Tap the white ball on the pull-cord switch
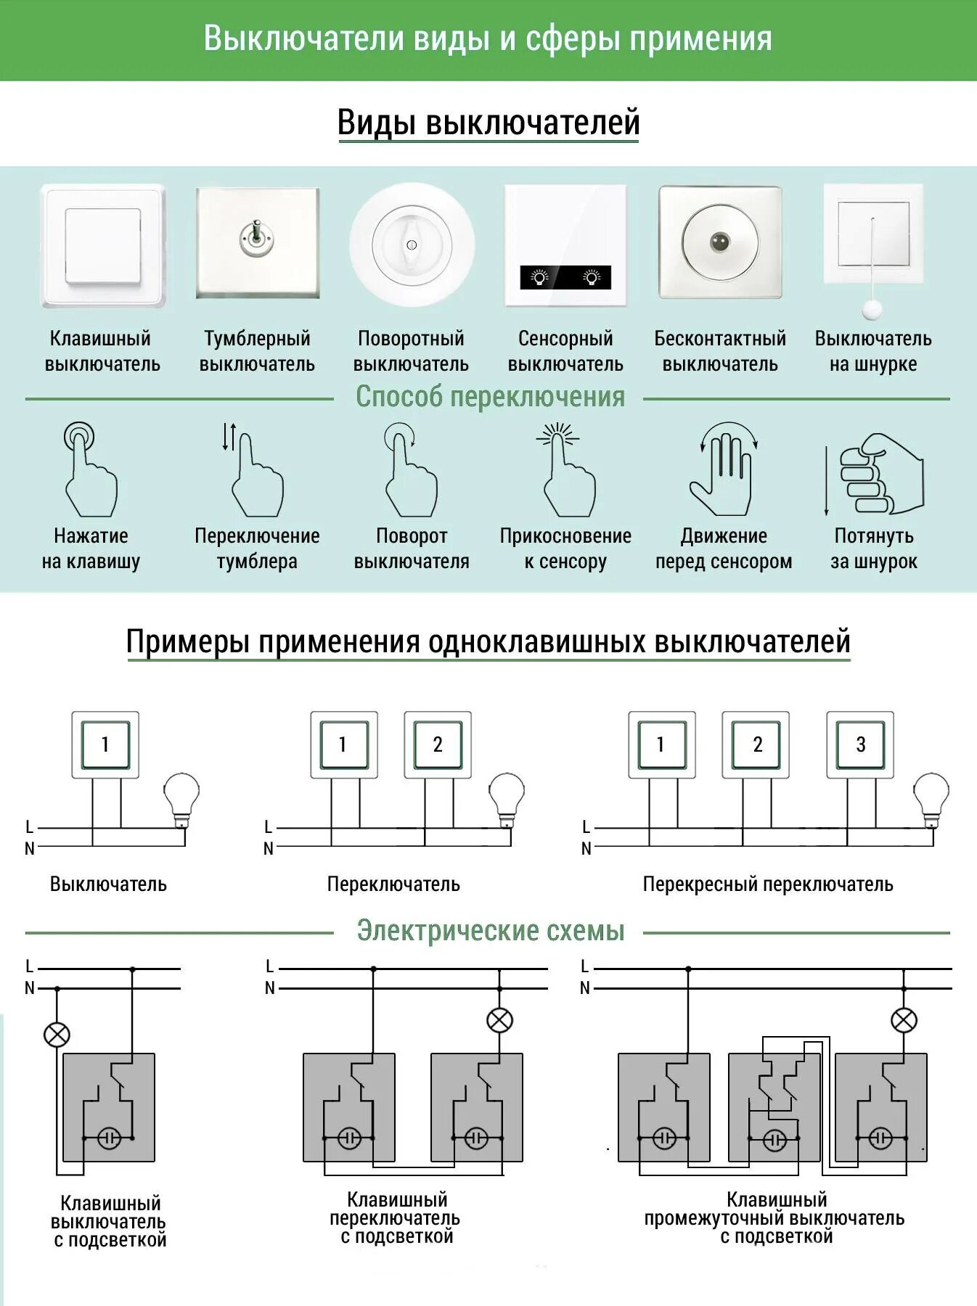872,309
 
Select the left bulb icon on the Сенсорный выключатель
539,277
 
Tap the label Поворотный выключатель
411,351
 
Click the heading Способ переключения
489,397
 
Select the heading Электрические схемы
490,931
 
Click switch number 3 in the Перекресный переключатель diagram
860,744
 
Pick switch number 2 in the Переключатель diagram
438,744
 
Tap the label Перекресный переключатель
767,884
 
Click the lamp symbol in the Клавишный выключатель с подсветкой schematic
57,1035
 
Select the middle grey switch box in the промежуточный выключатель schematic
774,1107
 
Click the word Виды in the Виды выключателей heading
377,123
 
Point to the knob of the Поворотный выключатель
412,242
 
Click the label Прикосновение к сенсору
565,549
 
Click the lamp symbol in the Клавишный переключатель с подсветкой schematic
499,1021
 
